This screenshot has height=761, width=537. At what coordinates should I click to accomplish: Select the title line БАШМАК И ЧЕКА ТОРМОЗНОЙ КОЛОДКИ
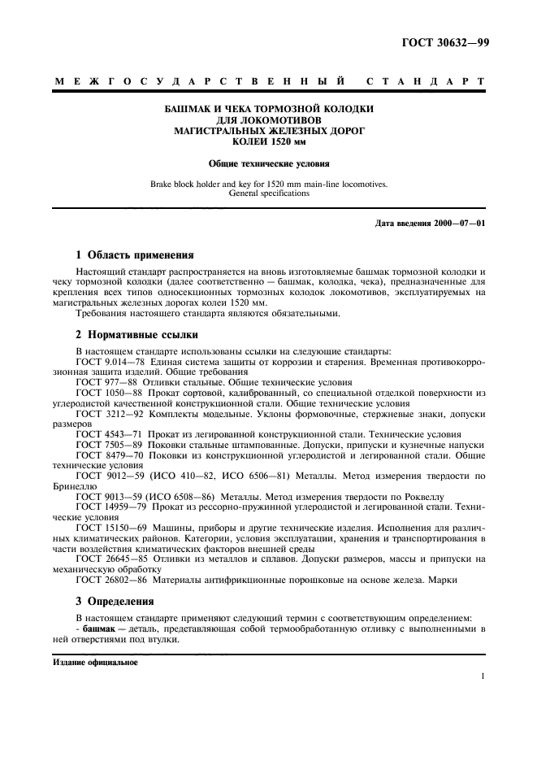(x=269, y=108)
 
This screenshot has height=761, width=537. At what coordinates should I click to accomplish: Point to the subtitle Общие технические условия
(x=269, y=163)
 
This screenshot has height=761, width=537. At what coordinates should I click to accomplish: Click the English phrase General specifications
(x=269, y=194)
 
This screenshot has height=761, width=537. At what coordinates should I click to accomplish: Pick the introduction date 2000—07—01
(x=458, y=223)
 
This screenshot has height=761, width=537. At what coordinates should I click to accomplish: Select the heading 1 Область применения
(x=134, y=254)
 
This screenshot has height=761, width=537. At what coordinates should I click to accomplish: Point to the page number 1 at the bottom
(x=483, y=676)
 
